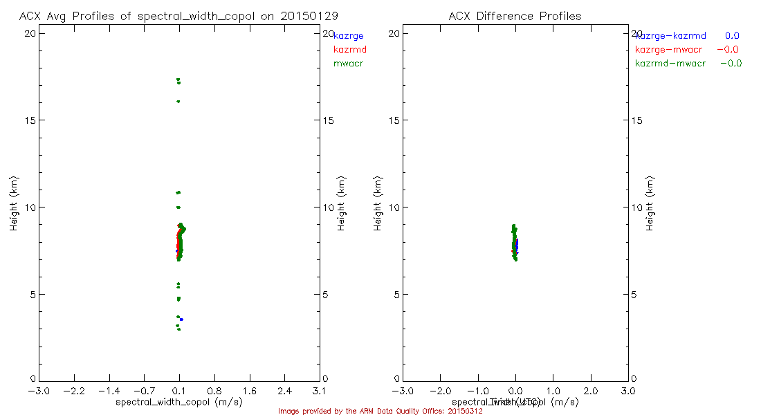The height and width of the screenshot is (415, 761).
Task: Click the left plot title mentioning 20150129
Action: (179, 15)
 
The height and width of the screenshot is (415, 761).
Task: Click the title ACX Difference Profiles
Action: (515, 15)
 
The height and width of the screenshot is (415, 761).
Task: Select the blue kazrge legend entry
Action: (349, 35)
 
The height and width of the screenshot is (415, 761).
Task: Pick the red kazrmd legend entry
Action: (350, 49)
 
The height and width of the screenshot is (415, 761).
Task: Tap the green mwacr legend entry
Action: (349, 63)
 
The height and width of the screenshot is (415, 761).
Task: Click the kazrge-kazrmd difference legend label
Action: (670, 35)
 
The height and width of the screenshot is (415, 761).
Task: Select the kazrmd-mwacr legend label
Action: (670, 63)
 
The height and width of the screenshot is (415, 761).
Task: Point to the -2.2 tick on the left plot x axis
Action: (73, 391)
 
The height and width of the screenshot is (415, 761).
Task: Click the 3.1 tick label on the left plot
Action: (320, 391)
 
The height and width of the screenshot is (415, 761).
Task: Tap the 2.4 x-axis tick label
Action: (284, 391)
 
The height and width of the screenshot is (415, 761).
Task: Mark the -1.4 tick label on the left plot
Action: (109, 391)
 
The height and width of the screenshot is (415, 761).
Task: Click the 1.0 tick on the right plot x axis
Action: (553, 391)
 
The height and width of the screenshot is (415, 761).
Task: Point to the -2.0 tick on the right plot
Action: (440, 391)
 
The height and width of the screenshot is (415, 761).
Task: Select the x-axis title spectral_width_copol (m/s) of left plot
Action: (179, 402)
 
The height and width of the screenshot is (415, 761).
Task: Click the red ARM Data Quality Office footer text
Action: (380, 411)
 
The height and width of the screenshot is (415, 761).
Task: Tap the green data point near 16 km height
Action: (178, 102)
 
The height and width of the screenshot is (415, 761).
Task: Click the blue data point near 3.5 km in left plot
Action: (181, 320)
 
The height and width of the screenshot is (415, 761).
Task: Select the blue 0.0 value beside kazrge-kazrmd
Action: (732, 35)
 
